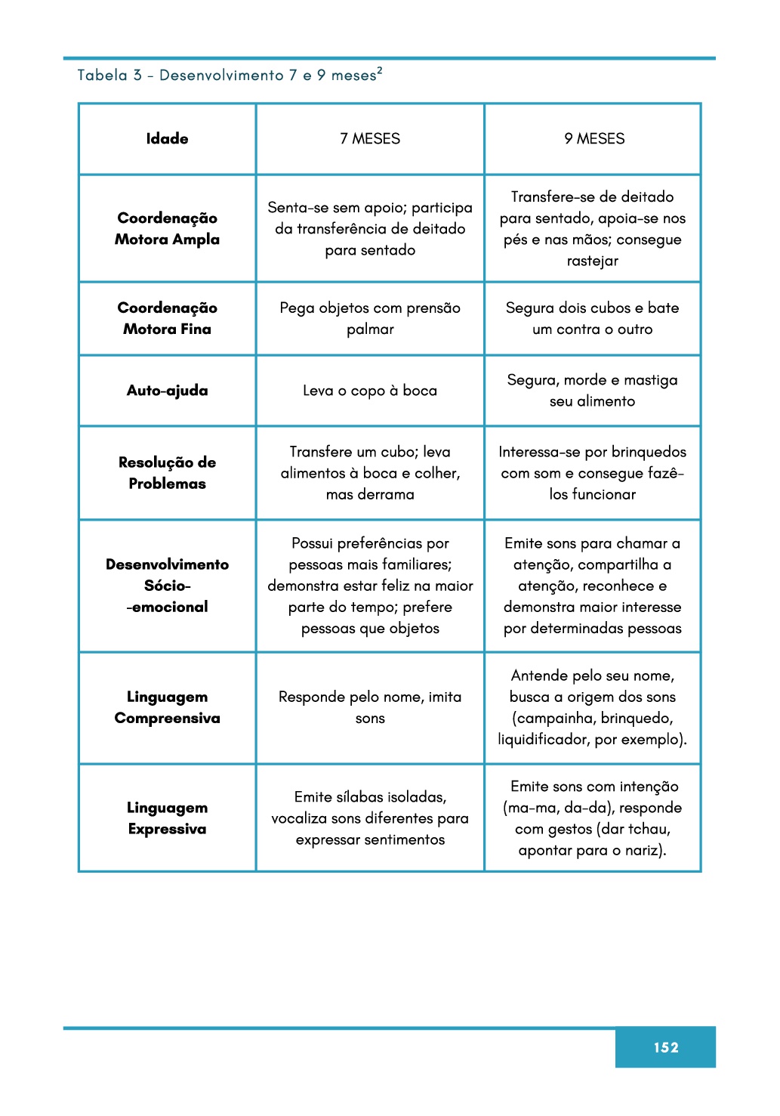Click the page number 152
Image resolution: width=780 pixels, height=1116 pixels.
pos(665,1046)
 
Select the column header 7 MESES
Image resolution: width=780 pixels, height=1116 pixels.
pos(370,138)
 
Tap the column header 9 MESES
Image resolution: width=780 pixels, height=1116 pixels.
pos(594,138)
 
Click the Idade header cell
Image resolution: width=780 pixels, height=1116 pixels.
pos(167,138)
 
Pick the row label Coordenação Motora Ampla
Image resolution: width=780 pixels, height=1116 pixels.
pos(167,228)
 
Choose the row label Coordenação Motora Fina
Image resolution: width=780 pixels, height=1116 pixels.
pos(167,318)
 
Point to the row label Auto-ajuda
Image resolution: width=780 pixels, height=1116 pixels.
pos(167,391)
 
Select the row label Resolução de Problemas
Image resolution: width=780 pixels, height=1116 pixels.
pos(167,472)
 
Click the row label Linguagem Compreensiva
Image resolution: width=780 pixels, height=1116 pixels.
pos(167,707)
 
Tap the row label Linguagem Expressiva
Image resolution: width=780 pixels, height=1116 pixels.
pos(167,818)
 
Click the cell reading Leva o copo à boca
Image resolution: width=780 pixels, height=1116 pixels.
pos(370,391)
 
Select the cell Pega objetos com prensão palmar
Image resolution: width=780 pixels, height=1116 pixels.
pos(370,318)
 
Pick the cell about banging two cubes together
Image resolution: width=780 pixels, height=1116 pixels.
pos(593,318)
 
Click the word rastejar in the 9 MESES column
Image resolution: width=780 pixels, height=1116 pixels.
pos(593,261)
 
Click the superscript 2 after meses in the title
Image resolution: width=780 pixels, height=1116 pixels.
pos(380,70)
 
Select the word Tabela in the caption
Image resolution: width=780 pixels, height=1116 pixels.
pos(102,75)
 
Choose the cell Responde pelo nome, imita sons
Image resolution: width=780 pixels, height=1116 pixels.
pos(370,707)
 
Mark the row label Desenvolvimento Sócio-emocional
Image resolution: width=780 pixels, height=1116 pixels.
pos(167,586)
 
